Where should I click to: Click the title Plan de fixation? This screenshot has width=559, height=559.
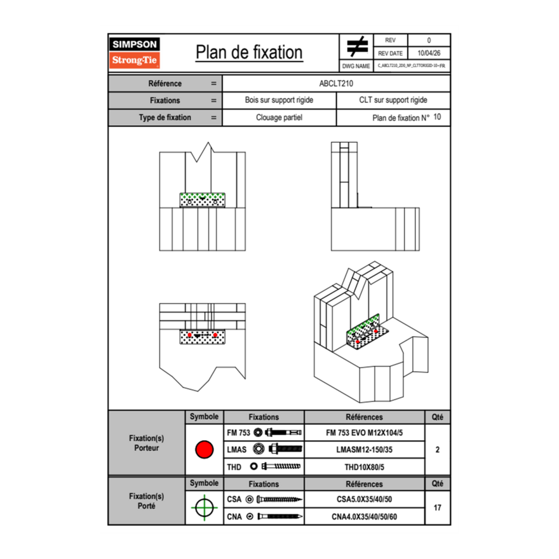[249, 53]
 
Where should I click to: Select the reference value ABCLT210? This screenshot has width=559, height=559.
[336, 83]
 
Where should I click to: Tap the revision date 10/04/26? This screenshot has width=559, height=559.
[429, 53]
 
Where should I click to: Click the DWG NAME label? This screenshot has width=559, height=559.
[356, 65]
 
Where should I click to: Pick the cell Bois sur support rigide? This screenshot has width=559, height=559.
[279, 100]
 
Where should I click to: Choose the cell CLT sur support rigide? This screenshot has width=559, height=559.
[393, 100]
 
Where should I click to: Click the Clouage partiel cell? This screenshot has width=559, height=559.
[279, 118]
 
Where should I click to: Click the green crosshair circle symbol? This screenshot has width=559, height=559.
[203, 508]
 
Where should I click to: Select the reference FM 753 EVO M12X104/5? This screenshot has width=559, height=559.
[364, 432]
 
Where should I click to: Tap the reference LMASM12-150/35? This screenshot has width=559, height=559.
[364, 449]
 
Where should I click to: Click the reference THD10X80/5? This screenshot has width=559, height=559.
[364, 467]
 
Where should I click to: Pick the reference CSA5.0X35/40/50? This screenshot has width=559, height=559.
[364, 499]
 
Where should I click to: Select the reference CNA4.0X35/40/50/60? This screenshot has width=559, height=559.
[364, 516]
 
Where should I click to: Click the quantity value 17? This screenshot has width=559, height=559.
[437, 508]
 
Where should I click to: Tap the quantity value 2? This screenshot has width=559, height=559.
[437, 450]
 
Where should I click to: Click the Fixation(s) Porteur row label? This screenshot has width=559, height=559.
[146, 443]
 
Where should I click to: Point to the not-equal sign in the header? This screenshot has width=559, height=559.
[357, 46]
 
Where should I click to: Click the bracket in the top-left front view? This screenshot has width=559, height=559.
[202, 200]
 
